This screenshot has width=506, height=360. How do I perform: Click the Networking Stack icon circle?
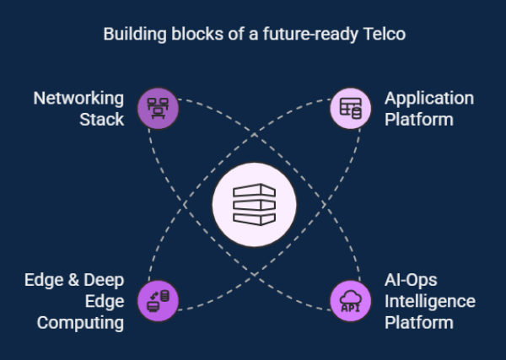point(158,109)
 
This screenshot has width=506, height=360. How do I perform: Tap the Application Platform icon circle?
point(350,109)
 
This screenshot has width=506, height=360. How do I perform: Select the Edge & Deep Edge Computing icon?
point(158,299)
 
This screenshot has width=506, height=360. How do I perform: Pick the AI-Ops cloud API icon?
point(350,299)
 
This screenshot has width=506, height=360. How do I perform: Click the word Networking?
point(78,99)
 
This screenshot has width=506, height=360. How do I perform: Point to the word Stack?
point(102,119)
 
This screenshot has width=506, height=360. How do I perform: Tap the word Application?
point(428,99)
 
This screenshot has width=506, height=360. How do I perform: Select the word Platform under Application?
point(418,119)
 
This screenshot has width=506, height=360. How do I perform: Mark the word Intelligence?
point(430,302)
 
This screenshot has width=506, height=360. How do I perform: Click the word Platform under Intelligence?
point(418,322)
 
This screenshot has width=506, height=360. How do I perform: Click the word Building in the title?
point(132,35)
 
